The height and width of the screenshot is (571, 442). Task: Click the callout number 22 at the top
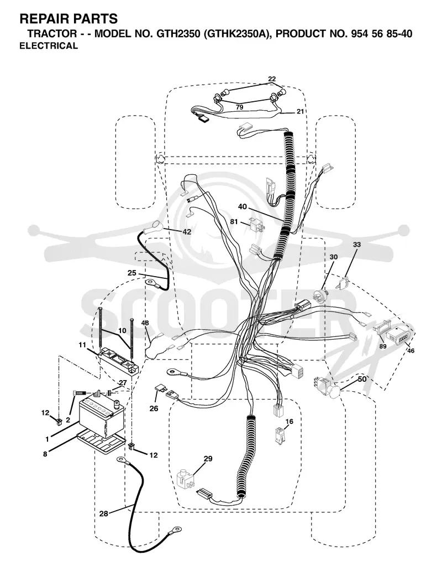(x=272, y=79)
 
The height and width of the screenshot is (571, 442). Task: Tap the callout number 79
(x=239, y=107)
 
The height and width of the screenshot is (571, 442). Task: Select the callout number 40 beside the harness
(x=243, y=206)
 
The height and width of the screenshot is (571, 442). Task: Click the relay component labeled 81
(x=256, y=224)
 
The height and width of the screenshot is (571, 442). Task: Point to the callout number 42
(x=187, y=232)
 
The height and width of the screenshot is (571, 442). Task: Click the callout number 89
(x=383, y=346)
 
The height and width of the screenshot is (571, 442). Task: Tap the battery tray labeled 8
(x=101, y=440)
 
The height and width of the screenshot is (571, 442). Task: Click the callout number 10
(x=122, y=330)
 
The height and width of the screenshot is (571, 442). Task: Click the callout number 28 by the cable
(x=104, y=513)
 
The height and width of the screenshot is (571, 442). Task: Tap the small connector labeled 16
(x=280, y=435)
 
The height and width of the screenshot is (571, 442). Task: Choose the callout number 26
(x=154, y=408)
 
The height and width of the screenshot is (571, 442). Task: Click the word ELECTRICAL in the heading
(x=49, y=46)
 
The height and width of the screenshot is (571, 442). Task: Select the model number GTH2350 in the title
(x=170, y=34)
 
